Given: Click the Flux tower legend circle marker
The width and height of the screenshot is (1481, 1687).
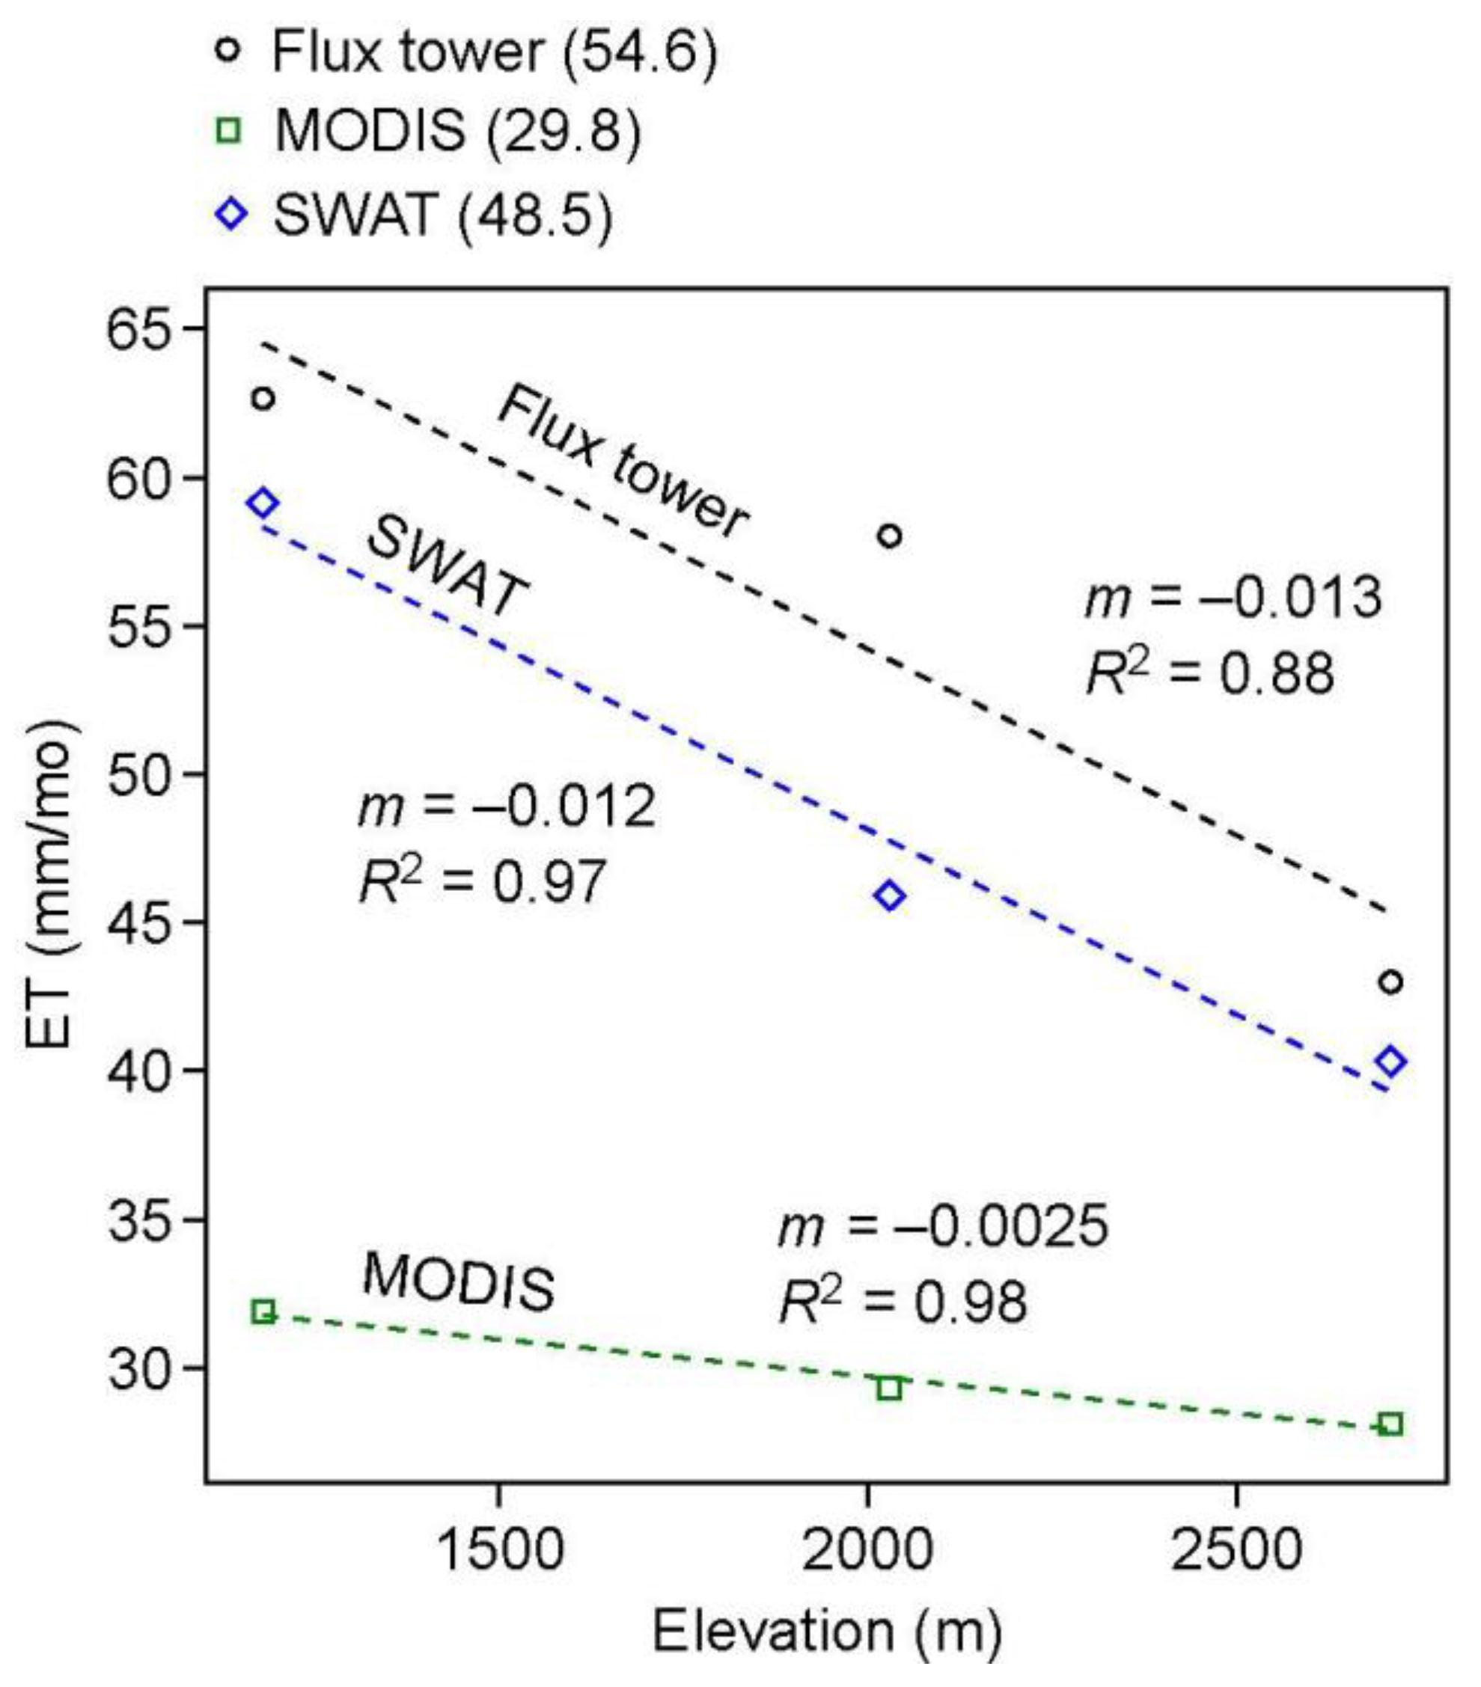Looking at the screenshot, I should pos(228,51).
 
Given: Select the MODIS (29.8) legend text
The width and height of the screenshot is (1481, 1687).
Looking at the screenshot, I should pos(457,130).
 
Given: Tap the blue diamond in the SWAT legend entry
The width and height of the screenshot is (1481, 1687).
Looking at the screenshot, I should pos(231,214).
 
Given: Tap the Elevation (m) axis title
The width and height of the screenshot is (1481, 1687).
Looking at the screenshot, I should pos(827,1632).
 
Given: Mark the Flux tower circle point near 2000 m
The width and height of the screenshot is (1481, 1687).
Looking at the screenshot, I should pos(889,536).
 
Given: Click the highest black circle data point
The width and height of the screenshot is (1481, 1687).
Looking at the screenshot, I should pos(263,399).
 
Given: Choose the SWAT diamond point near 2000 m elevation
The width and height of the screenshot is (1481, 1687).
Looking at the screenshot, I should pos(890,895).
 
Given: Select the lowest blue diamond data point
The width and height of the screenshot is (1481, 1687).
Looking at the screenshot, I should pos(1391,1062).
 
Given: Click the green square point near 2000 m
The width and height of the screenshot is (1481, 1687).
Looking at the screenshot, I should pos(888,1389).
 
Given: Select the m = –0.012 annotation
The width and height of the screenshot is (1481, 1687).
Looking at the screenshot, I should pos(507,806).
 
